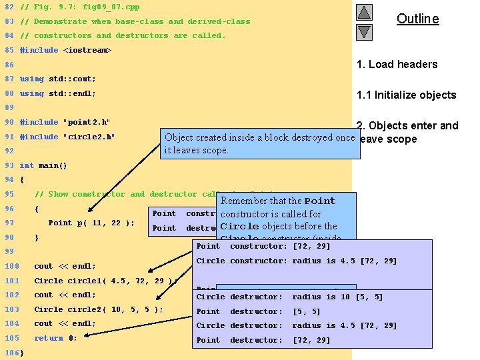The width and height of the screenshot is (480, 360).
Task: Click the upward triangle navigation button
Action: pos(364,13)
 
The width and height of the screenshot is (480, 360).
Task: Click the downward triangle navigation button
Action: pos(364,31)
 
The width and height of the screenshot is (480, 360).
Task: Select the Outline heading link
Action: pos(417,19)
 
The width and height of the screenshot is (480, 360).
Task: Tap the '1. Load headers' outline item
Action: pos(397,64)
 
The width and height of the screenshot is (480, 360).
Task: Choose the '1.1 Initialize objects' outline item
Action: pos(406,95)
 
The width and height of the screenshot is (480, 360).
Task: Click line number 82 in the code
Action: pos(9,7)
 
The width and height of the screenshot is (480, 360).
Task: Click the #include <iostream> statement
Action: pos(65,50)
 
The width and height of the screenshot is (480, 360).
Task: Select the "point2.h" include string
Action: pos(86,122)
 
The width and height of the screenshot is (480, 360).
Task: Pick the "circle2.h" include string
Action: pos(89,137)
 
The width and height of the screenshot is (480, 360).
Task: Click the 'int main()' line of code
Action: pos(43,165)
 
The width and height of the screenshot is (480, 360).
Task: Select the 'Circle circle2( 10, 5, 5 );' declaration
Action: pos(98,309)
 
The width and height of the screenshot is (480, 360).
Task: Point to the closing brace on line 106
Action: pos(22,352)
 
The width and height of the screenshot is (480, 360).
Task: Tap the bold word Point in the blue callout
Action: pos(320,201)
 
